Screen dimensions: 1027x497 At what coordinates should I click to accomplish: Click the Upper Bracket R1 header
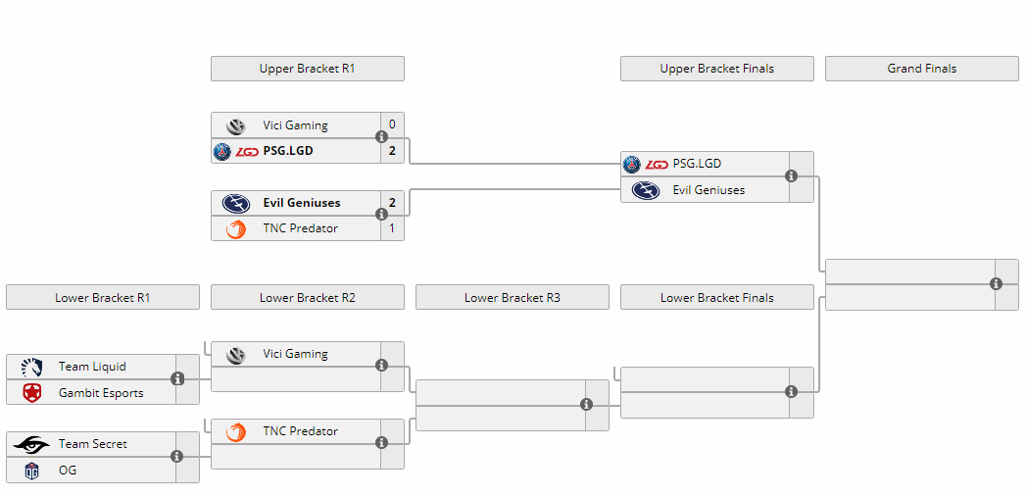coord(307,69)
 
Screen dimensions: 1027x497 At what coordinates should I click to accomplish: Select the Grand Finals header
coord(921,69)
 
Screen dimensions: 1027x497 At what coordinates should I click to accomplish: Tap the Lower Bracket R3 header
coord(513,297)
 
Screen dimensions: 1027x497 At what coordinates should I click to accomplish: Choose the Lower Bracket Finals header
coord(717,297)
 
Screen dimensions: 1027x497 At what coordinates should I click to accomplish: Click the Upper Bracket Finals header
coord(717,69)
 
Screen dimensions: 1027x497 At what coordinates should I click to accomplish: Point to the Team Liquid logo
coord(31,367)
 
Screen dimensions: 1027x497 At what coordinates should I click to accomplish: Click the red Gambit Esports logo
coord(31,393)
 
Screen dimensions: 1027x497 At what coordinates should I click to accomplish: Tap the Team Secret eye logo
coord(30,445)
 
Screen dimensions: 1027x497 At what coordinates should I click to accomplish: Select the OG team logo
coord(31,471)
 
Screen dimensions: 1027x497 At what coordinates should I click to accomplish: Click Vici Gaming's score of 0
coord(392,124)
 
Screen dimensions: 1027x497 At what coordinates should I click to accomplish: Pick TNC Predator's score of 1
coord(392,228)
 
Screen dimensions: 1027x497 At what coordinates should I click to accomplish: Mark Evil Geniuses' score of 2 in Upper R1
coord(392,202)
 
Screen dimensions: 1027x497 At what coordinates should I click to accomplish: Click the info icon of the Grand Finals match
coord(997,283)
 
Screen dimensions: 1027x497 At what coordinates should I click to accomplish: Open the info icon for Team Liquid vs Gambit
coord(176,378)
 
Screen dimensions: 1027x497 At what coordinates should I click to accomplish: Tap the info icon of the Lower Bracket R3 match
coord(586,405)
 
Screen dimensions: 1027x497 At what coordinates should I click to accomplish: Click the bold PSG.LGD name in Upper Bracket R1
coord(288,151)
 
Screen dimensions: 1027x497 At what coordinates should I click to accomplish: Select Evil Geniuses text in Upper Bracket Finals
coord(709,190)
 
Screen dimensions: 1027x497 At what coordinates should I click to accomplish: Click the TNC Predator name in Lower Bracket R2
coord(301,431)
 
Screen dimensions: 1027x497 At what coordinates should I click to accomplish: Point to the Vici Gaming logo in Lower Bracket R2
coord(236,354)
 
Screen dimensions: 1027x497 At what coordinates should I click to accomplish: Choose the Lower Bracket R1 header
coord(103,297)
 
